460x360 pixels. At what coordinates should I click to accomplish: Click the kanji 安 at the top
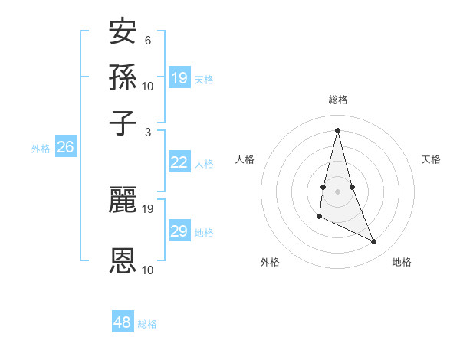(x=123, y=32)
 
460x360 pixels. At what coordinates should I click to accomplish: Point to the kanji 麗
(x=123, y=200)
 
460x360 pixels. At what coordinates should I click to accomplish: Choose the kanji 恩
(x=123, y=260)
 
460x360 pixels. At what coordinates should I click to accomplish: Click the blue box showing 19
(x=179, y=77)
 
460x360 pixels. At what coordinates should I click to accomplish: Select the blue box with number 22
(x=179, y=162)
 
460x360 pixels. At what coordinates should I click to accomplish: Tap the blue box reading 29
(x=179, y=231)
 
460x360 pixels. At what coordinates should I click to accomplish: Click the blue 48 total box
(x=123, y=322)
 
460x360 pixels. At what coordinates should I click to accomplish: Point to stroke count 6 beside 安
(x=148, y=40)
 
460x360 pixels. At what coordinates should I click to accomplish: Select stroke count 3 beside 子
(x=148, y=131)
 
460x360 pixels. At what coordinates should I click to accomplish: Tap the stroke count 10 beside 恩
(x=148, y=270)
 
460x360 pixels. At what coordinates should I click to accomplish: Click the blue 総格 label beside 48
(x=147, y=324)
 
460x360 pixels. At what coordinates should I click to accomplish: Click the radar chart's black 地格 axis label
(x=402, y=263)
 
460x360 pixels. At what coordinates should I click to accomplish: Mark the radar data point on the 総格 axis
(x=337, y=129)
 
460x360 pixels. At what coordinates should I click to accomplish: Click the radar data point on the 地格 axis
(x=374, y=242)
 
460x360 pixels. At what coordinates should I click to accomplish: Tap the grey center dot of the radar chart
(x=337, y=191)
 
